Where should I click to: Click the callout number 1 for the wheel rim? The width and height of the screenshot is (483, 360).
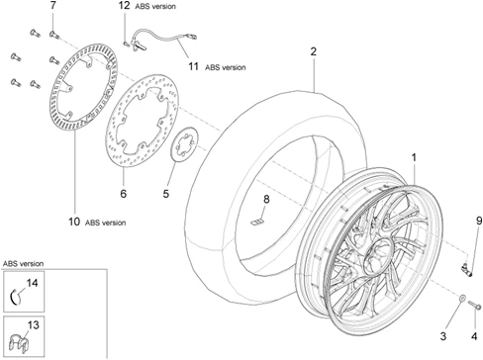tap(414, 157)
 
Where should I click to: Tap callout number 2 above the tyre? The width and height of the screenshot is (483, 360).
tap(313, 51)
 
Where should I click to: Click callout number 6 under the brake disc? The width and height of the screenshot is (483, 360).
tap(123, 194)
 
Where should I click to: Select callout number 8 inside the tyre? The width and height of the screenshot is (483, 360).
tap(265, 202)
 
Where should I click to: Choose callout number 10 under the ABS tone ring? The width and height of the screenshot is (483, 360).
tap(73, 222)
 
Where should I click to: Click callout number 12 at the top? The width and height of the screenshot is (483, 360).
tap(124, 6)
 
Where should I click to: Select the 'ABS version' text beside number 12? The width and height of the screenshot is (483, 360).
tap(156, 7)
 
